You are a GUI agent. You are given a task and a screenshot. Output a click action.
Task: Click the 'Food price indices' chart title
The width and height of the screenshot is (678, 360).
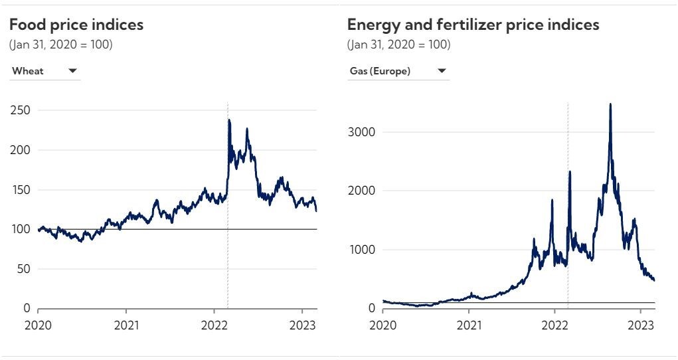(76, 25)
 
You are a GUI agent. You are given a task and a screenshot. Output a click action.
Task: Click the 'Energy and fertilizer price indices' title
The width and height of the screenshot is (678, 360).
(473, 25)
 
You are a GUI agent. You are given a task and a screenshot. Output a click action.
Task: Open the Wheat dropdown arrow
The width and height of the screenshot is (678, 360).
(72, 71)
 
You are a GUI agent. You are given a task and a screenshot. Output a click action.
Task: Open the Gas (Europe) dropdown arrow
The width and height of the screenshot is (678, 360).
(442, 71)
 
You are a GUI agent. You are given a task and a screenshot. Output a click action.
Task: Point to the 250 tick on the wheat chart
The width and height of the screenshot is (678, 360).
(21, 110)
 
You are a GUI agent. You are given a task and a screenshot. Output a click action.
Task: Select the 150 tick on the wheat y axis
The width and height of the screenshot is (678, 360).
(21, 190)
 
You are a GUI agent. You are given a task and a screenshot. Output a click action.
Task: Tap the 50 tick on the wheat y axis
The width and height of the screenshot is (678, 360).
(23, 269)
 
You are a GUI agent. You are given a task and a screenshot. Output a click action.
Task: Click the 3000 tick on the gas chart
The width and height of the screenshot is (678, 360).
(361, 132)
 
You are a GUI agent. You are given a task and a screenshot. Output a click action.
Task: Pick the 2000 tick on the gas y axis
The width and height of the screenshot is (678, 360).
(361, 191)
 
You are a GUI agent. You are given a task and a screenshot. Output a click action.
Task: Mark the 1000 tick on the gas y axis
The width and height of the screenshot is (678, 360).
(361, 250)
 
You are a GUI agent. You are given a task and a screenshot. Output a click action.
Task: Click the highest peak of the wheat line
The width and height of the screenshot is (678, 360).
(229, 120)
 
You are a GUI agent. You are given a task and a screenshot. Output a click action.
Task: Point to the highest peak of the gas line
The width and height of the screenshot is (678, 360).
(610, 104)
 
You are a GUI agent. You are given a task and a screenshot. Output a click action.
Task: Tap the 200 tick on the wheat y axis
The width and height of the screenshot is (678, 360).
(21, 150)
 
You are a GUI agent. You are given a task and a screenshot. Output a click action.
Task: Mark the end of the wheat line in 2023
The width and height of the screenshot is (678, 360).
(317, 211)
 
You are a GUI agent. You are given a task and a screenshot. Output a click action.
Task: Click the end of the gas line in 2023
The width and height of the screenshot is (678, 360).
(654, 280)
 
